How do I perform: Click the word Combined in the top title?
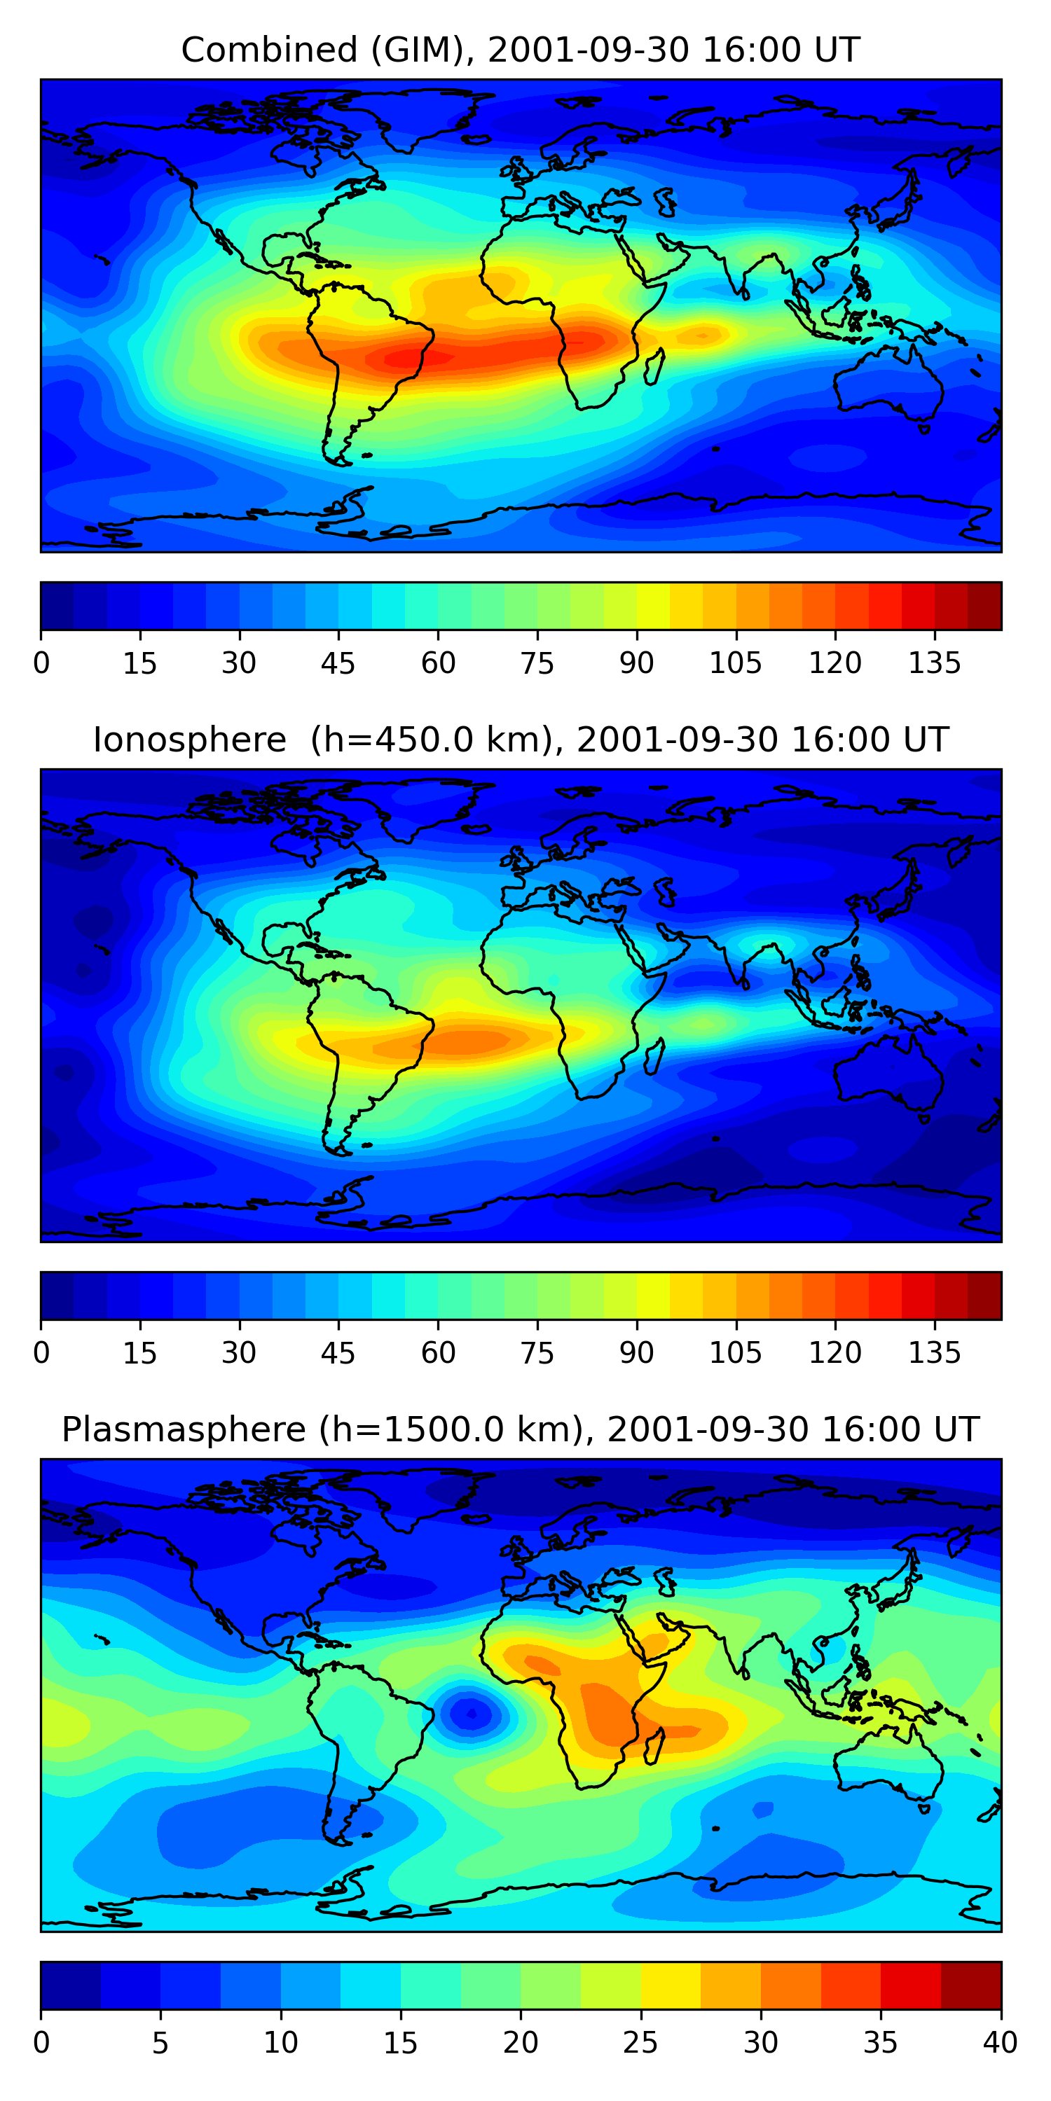tap(269, 50)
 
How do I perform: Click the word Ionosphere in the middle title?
tap(189, 740)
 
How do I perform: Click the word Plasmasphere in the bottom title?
tap(184, 1430)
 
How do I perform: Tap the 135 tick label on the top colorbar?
tap(934, 663)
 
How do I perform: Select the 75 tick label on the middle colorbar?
tap(537, 1353)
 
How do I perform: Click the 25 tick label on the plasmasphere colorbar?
tap(640, 2042)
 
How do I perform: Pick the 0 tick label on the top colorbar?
tap(41, 663)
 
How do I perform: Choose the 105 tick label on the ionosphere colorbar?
tap(735, 1353)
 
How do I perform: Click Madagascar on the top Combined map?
tap(654, 367)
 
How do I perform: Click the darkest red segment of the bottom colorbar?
tap(971, 1985)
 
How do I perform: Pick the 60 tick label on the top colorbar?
tap(438, 663)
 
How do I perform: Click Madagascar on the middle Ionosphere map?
tap(654, 1057)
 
